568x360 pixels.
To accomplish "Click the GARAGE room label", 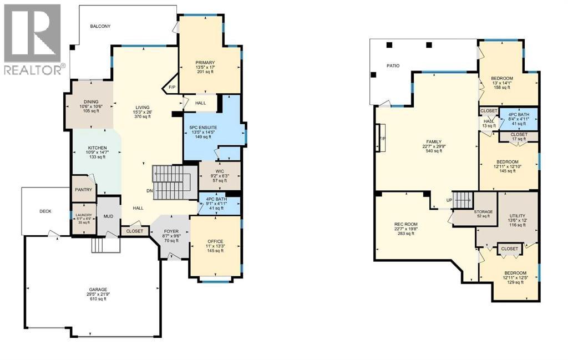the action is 99,290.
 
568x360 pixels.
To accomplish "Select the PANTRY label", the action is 84,190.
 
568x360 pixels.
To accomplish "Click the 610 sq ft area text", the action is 99,299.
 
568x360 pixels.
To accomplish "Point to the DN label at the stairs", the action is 150,191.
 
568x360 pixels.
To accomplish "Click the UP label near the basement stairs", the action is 449,200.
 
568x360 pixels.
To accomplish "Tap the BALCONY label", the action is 100,27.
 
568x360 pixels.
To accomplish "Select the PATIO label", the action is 393,66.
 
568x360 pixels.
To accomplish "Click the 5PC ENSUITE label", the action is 203,128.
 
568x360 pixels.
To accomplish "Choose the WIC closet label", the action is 220,171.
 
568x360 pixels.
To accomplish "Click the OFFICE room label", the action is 215,241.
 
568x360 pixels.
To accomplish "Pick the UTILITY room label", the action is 518,216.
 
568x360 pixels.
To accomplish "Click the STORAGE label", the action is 483,212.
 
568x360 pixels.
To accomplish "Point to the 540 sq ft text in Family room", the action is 434,151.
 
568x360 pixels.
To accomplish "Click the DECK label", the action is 45,211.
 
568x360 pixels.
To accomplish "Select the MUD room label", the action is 108,216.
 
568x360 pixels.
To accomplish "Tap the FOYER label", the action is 171,231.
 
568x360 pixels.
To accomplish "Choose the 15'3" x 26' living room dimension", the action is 143,112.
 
